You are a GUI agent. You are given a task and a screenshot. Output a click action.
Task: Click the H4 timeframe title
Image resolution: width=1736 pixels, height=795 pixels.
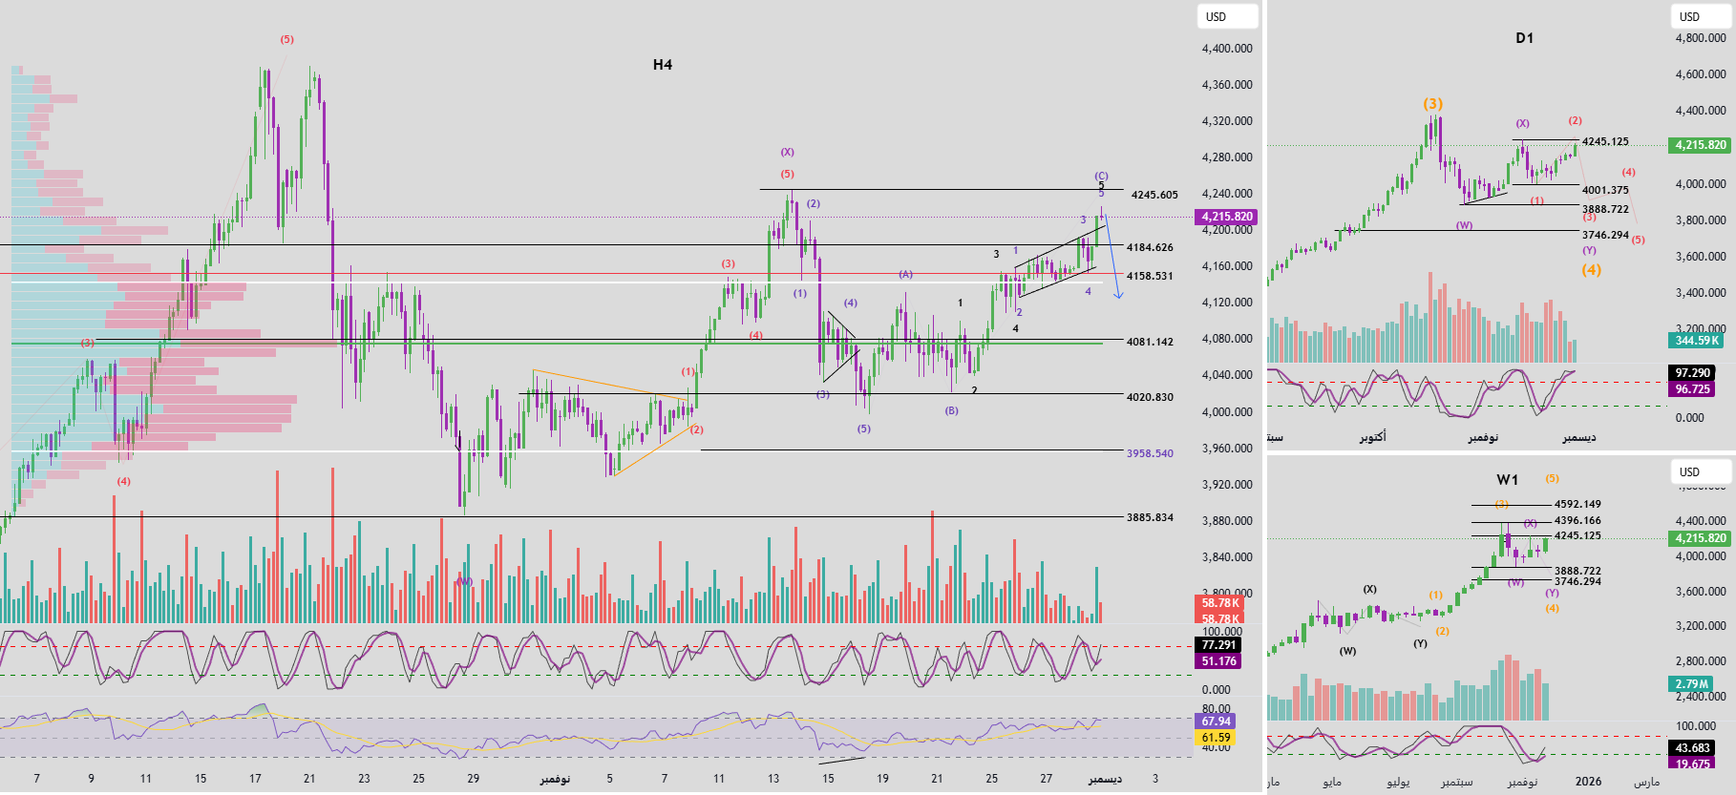click(x=663, y=65)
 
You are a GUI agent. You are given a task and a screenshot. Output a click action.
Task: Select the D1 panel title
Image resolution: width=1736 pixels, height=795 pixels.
click(x=1524, y=38)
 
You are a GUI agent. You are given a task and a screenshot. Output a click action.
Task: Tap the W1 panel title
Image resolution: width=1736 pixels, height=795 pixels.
click(x=1507, y=480)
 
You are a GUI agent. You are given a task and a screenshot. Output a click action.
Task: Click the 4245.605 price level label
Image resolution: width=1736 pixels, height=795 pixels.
click(x=1154, y=195)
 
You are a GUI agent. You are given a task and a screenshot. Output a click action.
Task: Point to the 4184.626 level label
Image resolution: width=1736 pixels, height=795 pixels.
click(x=1150, y=247)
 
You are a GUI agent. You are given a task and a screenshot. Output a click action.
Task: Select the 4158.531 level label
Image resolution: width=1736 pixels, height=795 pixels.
click(x=1150, y=276)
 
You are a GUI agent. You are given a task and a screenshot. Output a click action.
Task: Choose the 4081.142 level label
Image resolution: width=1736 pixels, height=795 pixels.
click(x=1150, y=342)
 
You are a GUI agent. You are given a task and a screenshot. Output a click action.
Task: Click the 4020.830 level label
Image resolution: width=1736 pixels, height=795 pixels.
click(x=1150, y=397)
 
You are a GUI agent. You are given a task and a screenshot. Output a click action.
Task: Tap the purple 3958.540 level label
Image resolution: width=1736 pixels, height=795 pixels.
click(x=1150, y=453)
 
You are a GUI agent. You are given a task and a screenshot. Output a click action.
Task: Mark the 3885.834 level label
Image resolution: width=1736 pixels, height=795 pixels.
click(x=1150, y=517)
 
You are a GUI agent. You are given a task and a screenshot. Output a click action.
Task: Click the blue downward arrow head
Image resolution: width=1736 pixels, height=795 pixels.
click(x=1118, y=296)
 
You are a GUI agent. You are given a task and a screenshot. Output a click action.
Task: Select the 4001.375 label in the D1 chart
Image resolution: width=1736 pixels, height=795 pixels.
click(x=1605, y=190)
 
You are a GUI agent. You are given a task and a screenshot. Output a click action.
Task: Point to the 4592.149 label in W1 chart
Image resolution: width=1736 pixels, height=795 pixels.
click(x=1577, y=504)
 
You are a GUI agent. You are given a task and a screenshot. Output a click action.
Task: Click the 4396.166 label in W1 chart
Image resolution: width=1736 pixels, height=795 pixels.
click(x=1577, y=520)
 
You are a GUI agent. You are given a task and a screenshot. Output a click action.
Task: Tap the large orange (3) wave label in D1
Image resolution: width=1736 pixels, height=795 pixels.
click(x=1432, y=104)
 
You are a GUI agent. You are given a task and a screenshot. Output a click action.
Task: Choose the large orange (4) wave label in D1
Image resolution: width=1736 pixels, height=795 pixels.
click(x=1591, y=270)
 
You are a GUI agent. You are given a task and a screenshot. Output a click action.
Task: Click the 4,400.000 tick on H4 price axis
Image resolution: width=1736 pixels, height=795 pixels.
click(x=1227, y=49)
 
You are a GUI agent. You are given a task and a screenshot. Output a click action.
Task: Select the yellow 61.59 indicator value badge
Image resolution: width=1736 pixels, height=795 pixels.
click(x=1216, y=738)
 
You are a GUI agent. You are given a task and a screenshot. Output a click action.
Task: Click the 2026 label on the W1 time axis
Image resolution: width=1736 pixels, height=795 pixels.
click(x=1588, y=782)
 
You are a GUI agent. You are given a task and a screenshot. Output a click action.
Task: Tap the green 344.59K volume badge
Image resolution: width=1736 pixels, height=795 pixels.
click(x=1697, y=340)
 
